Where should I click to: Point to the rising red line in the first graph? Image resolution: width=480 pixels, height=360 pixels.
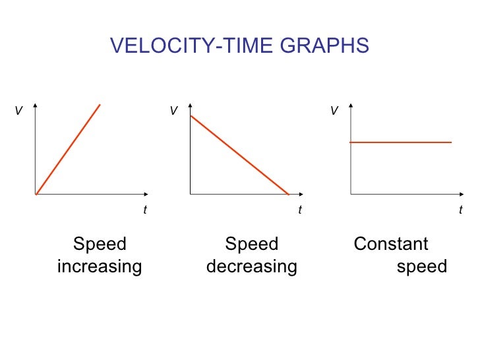[68, 149]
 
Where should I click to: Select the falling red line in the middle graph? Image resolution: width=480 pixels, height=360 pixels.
[239, 155]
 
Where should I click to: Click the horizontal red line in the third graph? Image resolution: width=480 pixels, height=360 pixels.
[400, 142]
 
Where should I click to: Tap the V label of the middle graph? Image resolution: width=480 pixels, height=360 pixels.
[173, 111]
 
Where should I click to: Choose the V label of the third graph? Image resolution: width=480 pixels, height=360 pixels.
[334, 111]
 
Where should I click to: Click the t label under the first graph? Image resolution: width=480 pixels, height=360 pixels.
[145, 210]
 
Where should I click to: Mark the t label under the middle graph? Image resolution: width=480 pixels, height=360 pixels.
[299, 210]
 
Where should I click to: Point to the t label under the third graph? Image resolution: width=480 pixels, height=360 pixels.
[461, 210]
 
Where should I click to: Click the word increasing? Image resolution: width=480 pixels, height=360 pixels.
[100, 266]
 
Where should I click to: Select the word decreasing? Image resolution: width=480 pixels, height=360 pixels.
[252, 266]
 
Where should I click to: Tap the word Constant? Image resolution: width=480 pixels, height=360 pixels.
[391, 245]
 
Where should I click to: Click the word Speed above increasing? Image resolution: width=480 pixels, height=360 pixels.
[100, 245]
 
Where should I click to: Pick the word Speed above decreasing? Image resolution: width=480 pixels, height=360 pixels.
[252, 245]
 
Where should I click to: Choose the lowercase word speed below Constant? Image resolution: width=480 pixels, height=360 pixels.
[422, 266]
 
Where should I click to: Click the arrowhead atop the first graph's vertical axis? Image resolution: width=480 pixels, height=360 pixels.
[35, 106]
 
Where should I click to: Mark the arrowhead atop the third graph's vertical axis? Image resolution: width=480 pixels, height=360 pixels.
[351, 106]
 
